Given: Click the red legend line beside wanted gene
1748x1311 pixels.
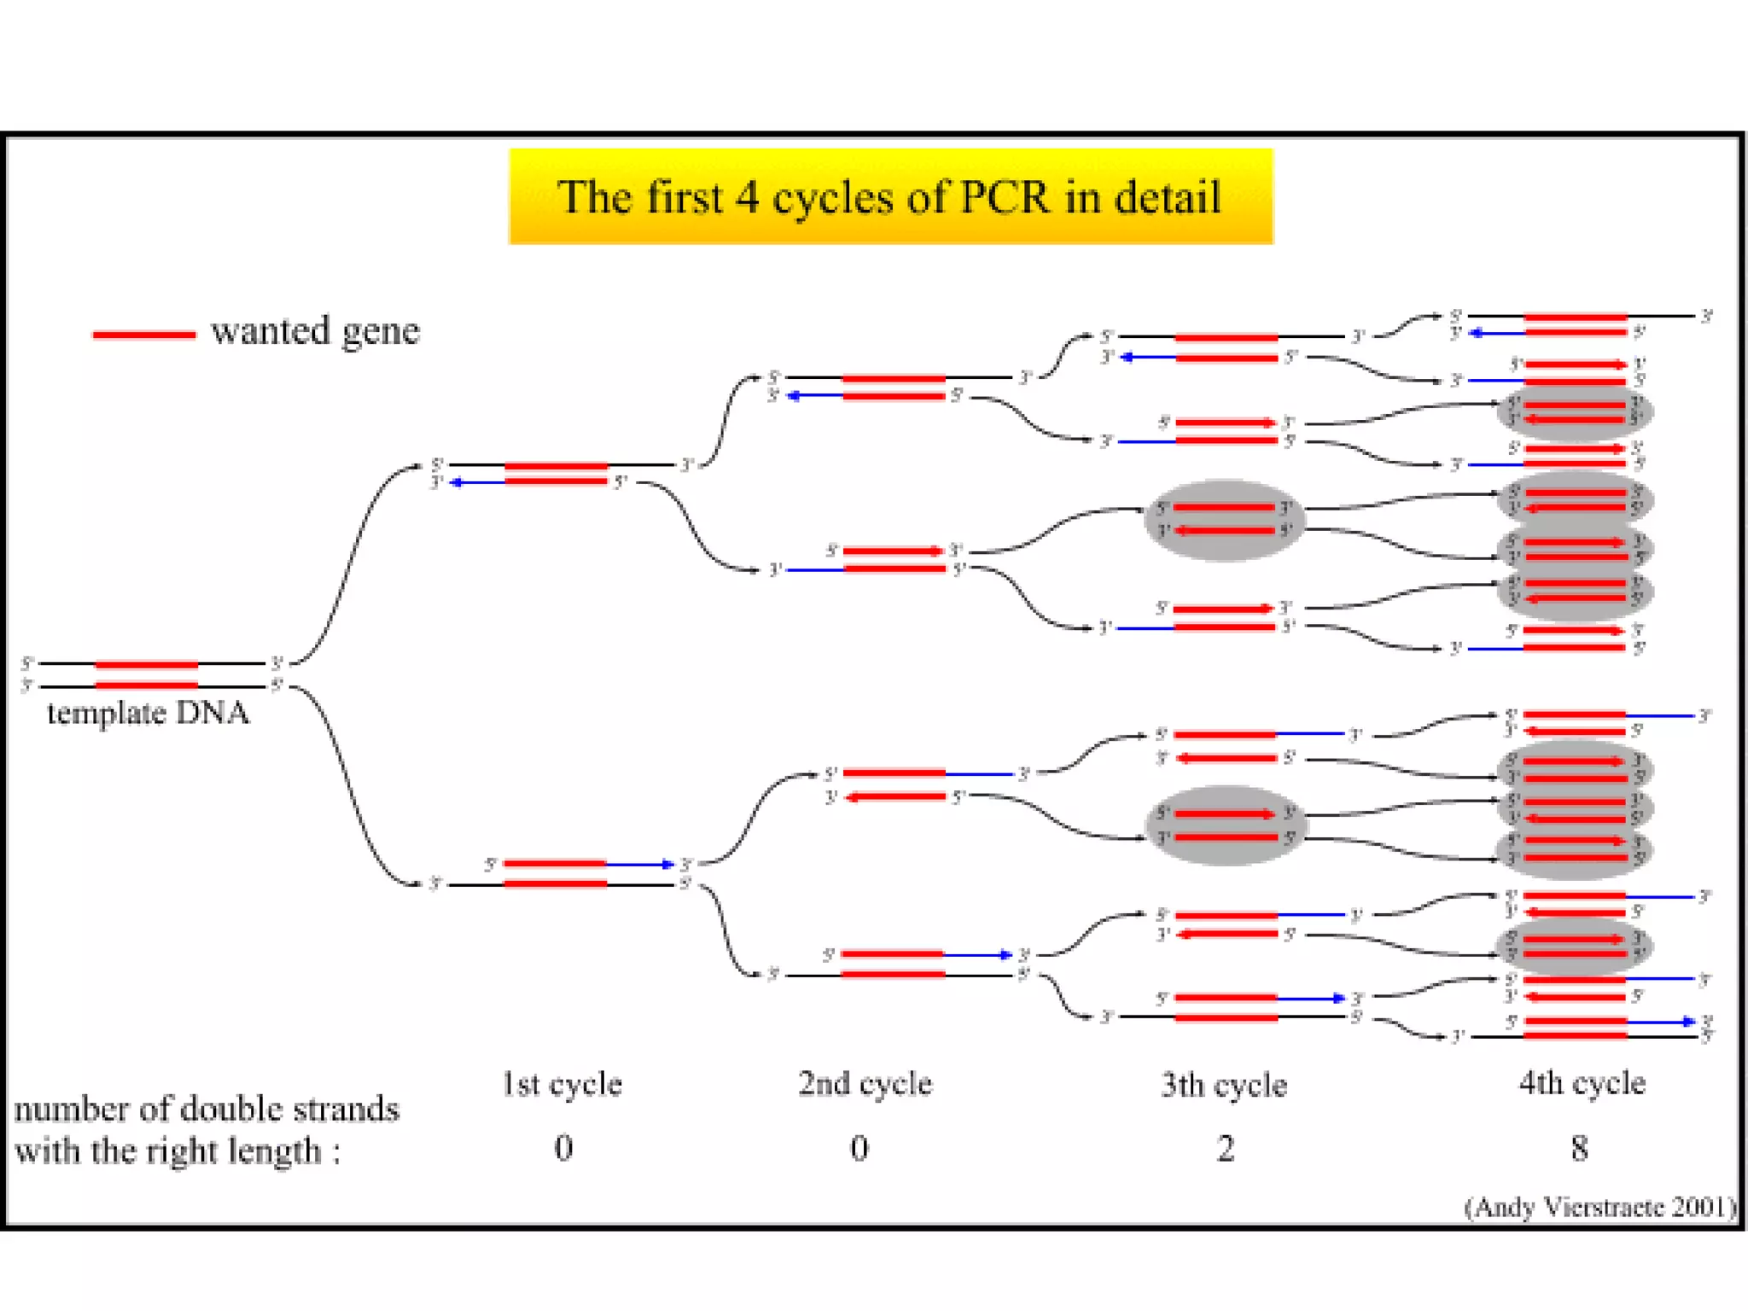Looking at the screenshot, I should (143, 335).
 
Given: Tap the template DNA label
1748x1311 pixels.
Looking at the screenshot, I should (148, 713).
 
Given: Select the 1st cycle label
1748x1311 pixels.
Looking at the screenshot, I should (562, 1084).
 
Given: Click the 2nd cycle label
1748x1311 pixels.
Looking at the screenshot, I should (865, 1084).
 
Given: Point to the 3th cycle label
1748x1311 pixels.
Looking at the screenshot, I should (1223, 1085).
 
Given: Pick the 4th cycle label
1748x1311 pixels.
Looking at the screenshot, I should (1582, 1083).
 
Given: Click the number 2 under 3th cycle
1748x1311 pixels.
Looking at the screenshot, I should (1225, 1149).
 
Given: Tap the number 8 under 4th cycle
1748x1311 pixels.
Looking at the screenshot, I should (1579, 1149).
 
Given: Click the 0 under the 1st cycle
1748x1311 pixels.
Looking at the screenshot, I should (563, 1148).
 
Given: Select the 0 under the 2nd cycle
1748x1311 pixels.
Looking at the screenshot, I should (859, 1149).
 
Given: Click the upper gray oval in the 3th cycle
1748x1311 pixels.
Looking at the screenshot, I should (1223, 520).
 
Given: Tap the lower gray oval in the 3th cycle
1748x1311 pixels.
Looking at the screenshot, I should (1223, 825).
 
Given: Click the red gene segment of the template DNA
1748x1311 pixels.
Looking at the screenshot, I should (146, 674).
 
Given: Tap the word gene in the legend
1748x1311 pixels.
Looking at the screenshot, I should (380, 331).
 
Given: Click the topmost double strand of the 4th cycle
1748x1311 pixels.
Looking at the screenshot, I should (1575, 324).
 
